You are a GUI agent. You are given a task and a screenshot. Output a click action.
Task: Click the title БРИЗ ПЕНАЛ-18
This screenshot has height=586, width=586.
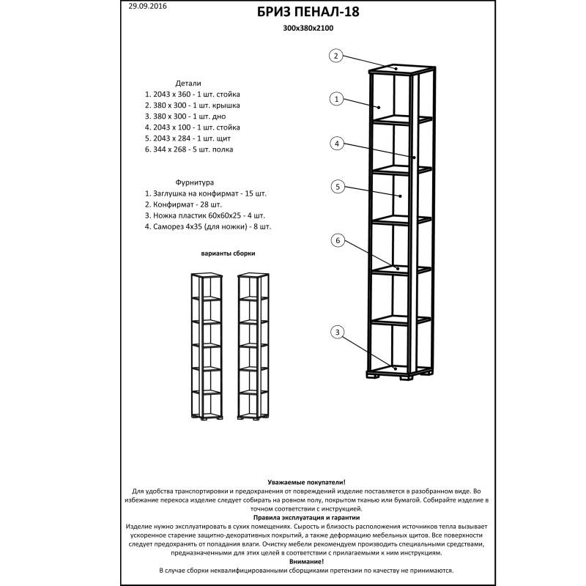(308, 12)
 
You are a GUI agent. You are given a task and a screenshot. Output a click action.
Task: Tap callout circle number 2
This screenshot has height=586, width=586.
(335, 56)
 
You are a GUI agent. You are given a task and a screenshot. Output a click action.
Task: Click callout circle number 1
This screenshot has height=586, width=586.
(337, 99)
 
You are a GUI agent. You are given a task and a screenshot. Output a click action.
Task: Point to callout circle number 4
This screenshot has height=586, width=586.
(337, 144)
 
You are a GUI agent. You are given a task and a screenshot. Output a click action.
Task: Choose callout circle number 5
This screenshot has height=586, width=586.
(338, 187)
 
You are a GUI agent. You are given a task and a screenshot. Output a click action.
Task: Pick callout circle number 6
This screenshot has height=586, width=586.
(338, 240)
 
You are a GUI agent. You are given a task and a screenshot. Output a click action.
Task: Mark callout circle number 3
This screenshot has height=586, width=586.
(337, 333)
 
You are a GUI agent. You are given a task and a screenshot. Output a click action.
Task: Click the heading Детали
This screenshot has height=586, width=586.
(188, 84)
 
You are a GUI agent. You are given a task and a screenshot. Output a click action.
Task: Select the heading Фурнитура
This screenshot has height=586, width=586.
(194, 182)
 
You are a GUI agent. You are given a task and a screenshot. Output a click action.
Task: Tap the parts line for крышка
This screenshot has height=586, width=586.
(192, 105)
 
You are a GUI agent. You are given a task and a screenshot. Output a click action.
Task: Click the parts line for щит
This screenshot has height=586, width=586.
(188, 138)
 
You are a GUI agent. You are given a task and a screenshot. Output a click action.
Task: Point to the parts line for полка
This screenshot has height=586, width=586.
(189, 149)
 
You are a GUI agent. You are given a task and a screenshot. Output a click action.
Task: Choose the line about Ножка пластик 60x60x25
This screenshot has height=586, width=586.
(204, 216)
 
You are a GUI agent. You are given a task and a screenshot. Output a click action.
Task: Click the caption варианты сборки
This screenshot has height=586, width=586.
(229, 253)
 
